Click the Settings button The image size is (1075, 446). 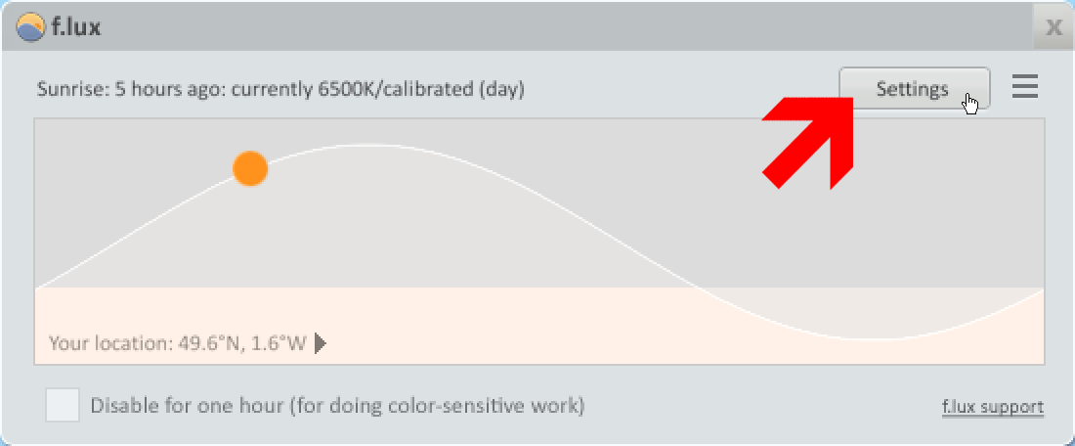click(x=915, y=88)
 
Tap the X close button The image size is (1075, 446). click(x=1053, y=27)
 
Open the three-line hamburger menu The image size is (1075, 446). click(x=1025, y=87)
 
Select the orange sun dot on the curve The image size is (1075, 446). click(x=250, y=169)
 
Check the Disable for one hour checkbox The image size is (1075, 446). click(x=63, y=405)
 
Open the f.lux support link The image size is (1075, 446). click(x=993, y=407)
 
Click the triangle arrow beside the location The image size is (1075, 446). click(x=320, y=342)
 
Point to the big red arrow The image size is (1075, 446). click(x=809, y=142)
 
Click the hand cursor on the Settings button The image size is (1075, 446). click(x=970, y=104)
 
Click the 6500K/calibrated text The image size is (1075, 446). click(x=396, y=90)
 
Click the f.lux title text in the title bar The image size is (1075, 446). click(x=76, y=28)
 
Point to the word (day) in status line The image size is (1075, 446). click(x=502, y=90)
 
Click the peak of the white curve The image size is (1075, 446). click(x=358, y=145)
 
